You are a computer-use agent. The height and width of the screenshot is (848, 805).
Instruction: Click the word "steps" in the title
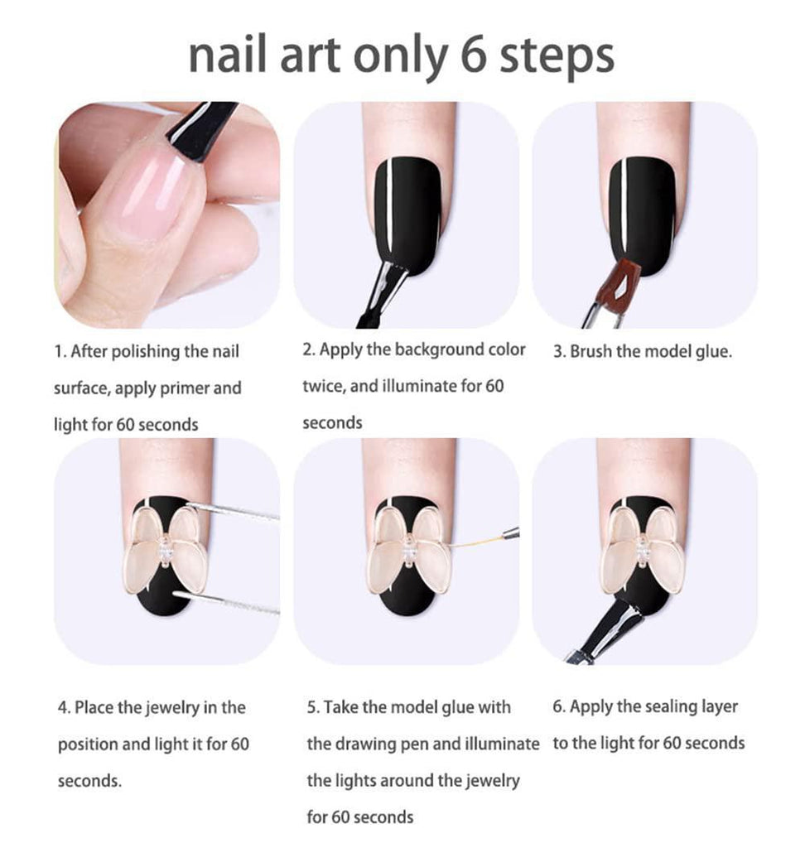point(557,59)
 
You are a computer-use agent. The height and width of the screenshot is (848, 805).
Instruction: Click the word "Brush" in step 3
point(590,351)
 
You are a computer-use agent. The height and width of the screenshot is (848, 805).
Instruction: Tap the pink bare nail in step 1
point(149,194)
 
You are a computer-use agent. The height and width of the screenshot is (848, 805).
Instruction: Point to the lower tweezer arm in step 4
point(226,603)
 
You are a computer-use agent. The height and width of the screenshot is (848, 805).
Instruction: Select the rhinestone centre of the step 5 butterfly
point(409,552)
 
